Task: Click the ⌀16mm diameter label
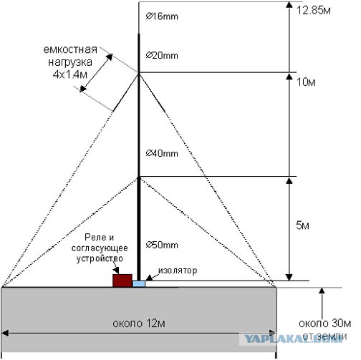pos(162,16)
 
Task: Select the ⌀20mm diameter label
pos(162,56)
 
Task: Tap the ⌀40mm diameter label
pos(162,153)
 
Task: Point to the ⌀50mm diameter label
pos(162,245)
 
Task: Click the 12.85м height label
pos(314,11)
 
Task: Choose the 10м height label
pos(306,82)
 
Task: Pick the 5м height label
pos(302,225)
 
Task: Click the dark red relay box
pos(122,281)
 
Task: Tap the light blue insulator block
pos(139,284)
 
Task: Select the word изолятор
pos(178,271)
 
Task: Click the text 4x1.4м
pos(70,74)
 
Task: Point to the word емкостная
pos(70,49)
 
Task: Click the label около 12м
pos(139,323)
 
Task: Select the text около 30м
pos(324,323)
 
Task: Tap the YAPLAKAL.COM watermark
pos(293,339)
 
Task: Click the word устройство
pos(100,258)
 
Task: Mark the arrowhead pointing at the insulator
pos(149,278)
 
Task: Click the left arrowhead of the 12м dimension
pos(5,334)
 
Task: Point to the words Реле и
pos(100,238)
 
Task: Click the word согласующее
pos(100,248)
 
